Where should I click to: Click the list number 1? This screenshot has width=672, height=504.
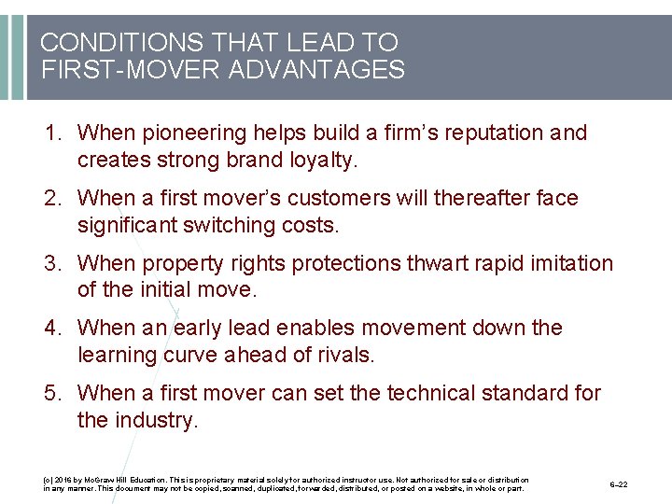(50, 133)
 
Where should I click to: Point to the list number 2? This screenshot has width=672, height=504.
(50, 199)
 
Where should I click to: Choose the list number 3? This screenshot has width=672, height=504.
(50, 264)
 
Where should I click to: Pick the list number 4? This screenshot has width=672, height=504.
(50, 329)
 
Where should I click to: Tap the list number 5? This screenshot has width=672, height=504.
(50, 394)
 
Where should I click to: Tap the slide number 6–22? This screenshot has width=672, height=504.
(618, 484)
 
